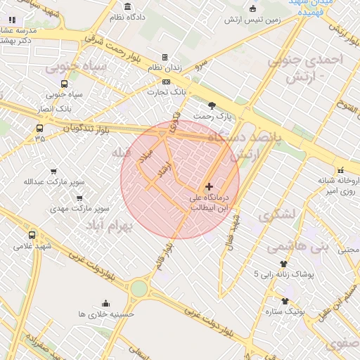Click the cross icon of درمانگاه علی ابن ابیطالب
tap(208, 186)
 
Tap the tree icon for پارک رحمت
tap(212, 105)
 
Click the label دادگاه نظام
tap(131, 15)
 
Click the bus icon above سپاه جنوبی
tap(65, 84)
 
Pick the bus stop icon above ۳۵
tap(39, 128)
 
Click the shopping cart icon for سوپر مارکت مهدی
tap(79, 198)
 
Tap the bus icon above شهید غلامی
tap(32, 235)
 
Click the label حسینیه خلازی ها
tap(106, 314)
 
